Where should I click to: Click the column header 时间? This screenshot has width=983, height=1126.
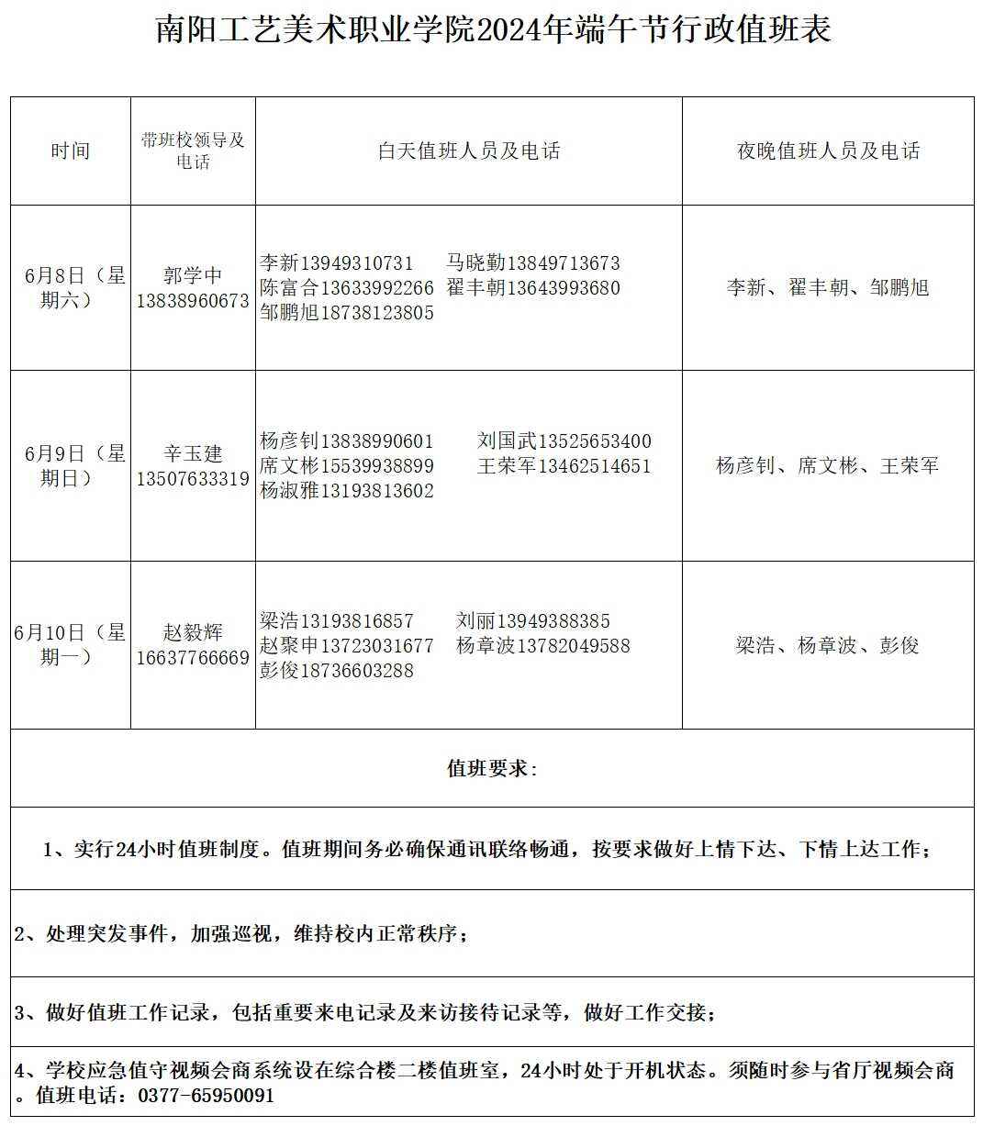[71, 151]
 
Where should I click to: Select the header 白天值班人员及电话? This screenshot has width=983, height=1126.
[469, 151]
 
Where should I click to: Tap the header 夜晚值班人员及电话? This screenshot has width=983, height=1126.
[828, 151]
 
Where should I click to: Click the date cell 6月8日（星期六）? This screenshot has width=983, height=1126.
[71, 287]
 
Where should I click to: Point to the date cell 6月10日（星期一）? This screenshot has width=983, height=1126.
[71, 644]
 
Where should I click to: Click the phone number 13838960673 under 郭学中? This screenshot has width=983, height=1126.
[193, 301]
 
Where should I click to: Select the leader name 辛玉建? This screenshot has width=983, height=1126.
[193, 453]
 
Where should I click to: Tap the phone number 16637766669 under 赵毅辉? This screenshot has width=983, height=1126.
[193, 658]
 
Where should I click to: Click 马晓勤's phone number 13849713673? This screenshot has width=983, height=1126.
[564, 263]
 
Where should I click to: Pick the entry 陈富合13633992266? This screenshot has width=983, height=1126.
[347, 288]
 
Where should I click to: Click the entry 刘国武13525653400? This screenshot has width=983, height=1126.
[564, 441]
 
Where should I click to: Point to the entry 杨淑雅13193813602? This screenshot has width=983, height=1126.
[347, 491]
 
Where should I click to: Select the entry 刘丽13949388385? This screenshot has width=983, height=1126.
[533, 621]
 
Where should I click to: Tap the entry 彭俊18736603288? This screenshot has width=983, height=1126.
[337, 671]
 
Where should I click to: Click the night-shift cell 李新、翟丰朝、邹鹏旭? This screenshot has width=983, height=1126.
[828, 288]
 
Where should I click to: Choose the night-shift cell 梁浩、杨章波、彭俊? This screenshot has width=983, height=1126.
[828, 646]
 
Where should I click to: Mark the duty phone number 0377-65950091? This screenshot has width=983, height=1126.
[206, 1096]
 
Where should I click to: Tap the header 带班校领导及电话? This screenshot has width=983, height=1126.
[193, 151]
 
